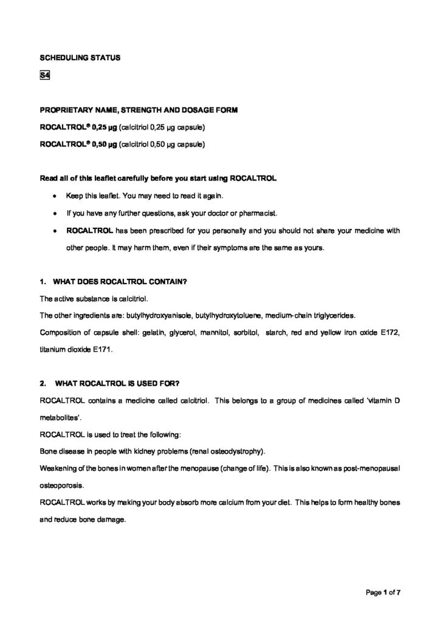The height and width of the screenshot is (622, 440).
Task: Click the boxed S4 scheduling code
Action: [44, 76]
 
